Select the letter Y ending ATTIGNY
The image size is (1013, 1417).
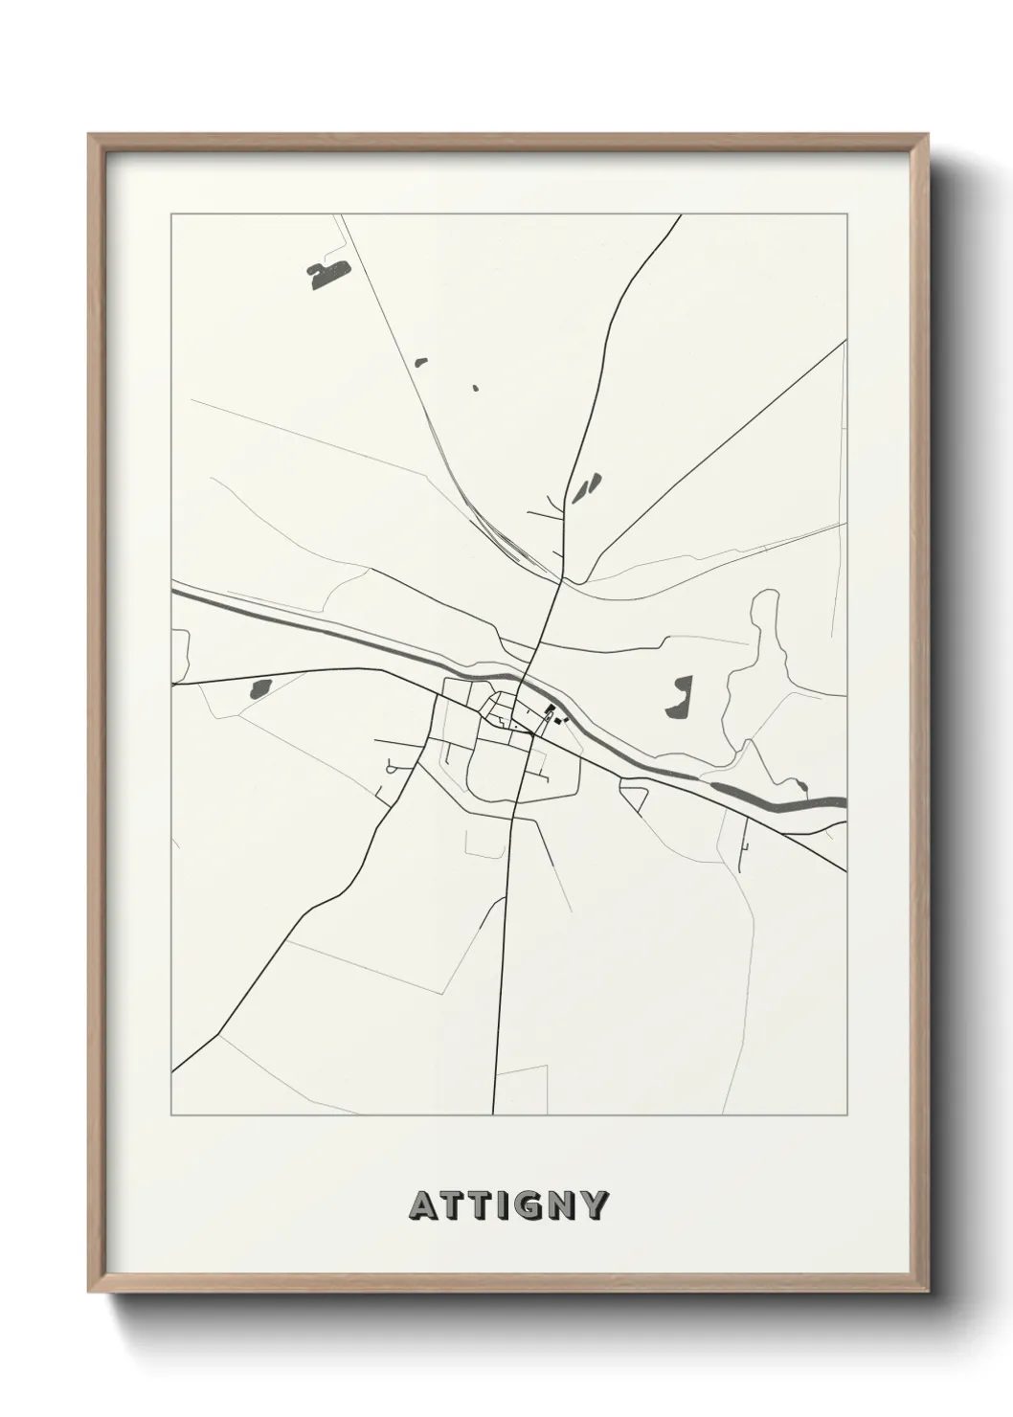(x=593, y=1205)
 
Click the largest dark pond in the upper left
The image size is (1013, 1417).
(x=326, y=276)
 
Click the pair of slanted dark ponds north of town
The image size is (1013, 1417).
(x=586, y=487)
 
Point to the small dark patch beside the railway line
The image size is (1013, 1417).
(x=420, y=361)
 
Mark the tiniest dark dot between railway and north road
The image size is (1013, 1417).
(x=475, y=388)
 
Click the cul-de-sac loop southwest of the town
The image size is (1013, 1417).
(x=392, y=766)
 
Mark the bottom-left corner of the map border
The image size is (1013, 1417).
(x=171, y=1115)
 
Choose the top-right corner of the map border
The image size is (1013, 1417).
(x=847, y=214)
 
